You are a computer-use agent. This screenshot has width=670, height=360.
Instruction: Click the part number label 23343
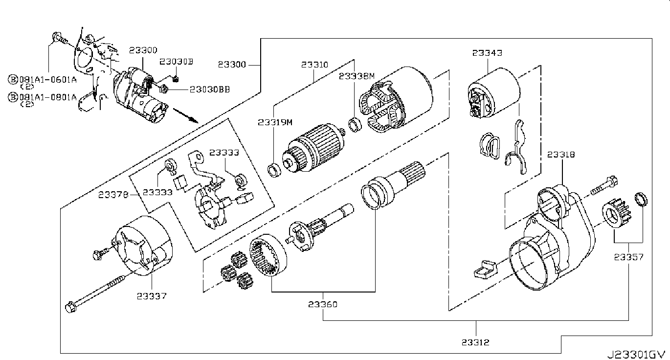pyautogui.click(x=487, y=53)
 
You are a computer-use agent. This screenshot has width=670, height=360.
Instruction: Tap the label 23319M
pyautogui.click(x=275, y=122)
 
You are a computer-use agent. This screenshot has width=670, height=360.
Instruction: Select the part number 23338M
pyautogui.click(x=357, y=76)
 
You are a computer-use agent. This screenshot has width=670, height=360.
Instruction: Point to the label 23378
pyautogui.click(x=113, y=195)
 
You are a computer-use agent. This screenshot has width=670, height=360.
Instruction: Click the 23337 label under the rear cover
pyautogui.click(x=152, y=296)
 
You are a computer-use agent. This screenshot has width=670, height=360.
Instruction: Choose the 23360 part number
pyautogui.click(x=323, y=304)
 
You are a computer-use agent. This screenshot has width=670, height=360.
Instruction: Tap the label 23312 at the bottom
pyautogui.click(x=475, y=342)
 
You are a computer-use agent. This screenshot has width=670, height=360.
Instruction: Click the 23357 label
pyautogui.click(x=629, y=257)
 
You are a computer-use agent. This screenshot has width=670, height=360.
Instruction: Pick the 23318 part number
pyautogui.click(x=561, y=155)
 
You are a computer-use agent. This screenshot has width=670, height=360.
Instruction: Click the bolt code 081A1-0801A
pyautogui.click(x=48, y=97)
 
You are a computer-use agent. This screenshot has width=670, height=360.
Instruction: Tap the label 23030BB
pyautogui.click(x=210, y=90)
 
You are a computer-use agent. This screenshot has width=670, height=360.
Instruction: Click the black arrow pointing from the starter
pyautogui.click(x=186, y=116)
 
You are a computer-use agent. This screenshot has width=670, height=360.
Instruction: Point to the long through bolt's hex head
pyautogui.click(x=70, y=307)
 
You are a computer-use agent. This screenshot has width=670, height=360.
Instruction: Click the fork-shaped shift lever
pyautogui.click(x=517, y=147)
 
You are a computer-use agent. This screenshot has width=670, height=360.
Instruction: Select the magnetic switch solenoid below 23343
pyautogui.click(x=493, y=93)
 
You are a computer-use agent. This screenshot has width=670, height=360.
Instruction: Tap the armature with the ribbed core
pyautogui.click(x=314, y=149)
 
